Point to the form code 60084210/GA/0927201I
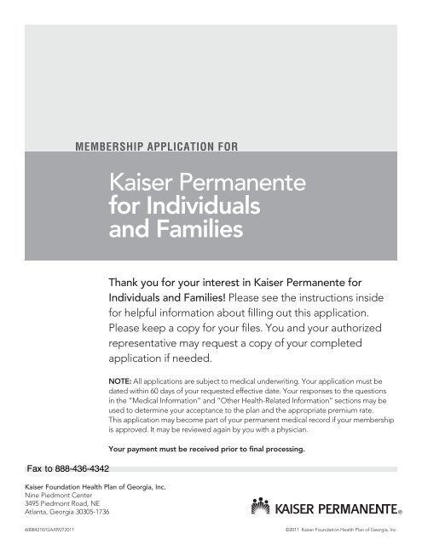click(35, 537)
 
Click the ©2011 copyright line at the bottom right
click(337, 537)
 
